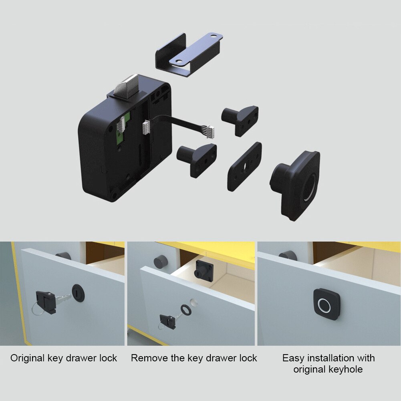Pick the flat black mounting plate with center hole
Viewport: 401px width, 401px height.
[x=244, y=166]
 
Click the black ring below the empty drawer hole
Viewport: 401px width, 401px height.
[x=186, y=309]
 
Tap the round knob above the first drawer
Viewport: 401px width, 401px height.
[x=63, y=256]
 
